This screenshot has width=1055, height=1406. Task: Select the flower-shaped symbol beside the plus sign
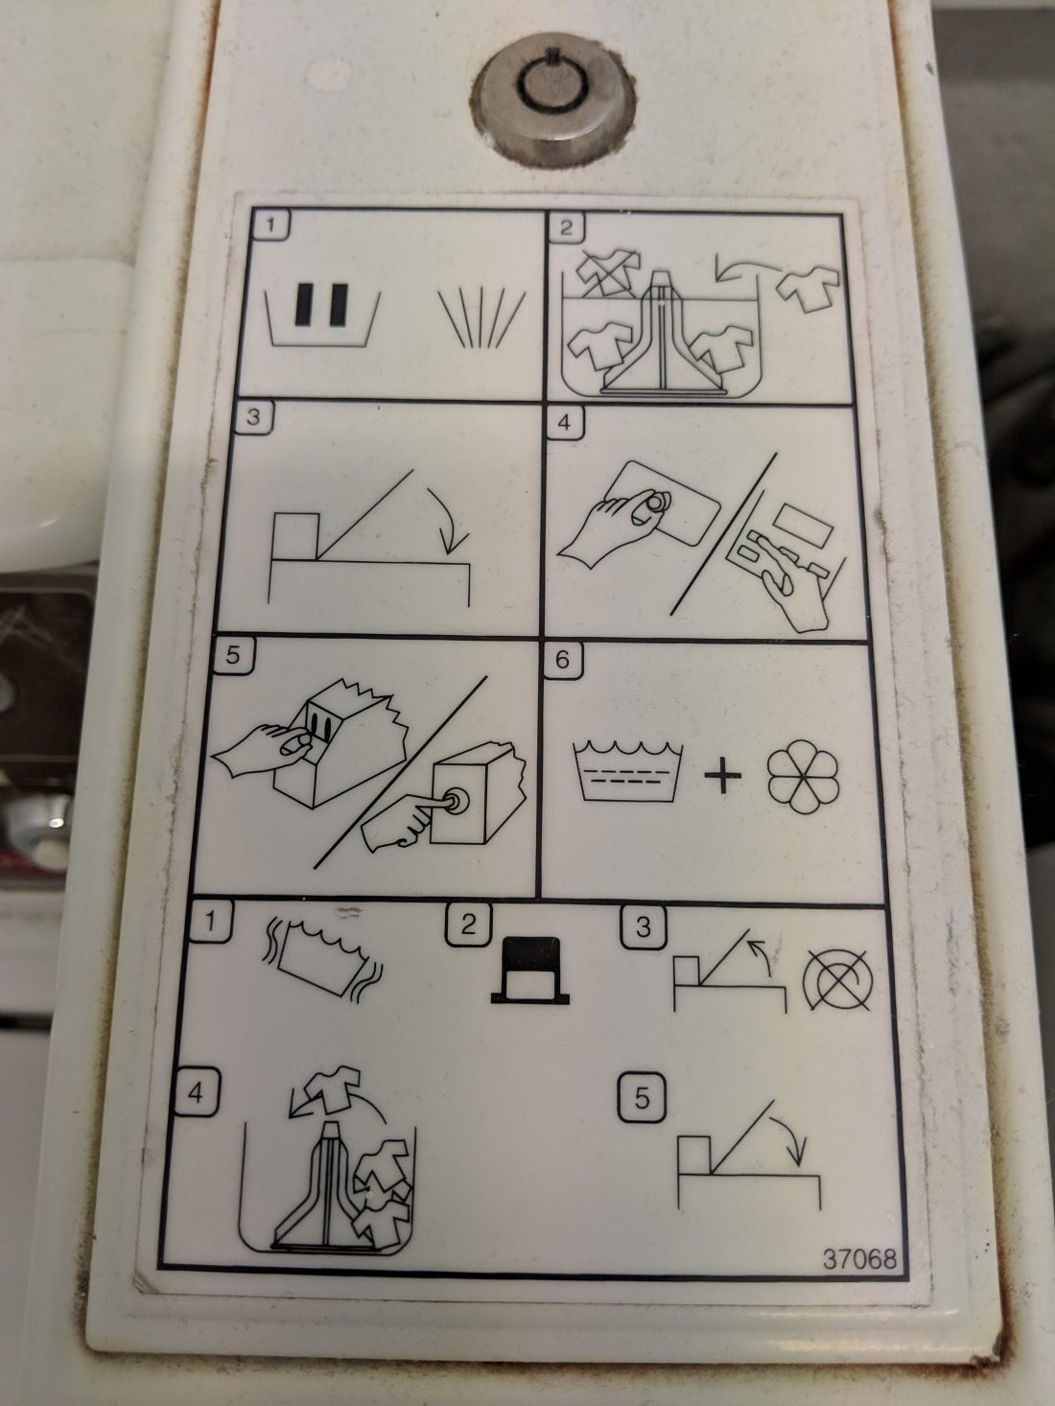804,776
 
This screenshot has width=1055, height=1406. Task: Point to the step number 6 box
562,660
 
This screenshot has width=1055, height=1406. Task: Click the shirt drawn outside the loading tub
808,287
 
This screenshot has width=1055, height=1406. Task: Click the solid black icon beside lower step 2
529,971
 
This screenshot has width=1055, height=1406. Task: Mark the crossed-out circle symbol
838,980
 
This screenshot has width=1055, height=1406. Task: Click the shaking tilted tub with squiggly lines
322,959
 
